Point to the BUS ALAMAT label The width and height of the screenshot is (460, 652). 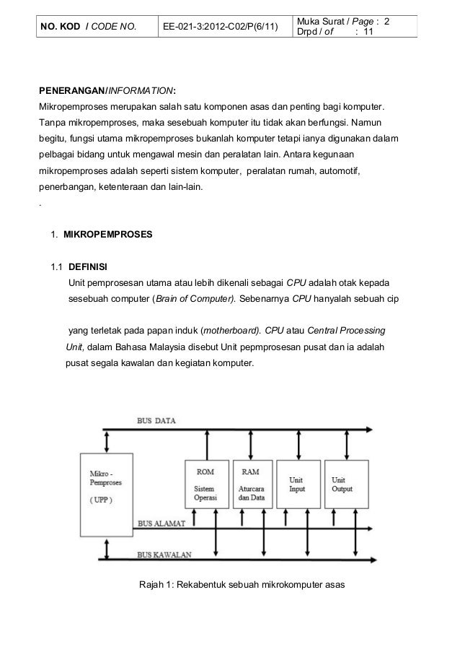161,523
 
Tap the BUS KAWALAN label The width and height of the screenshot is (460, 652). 163,555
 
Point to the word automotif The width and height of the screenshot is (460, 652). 339,173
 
